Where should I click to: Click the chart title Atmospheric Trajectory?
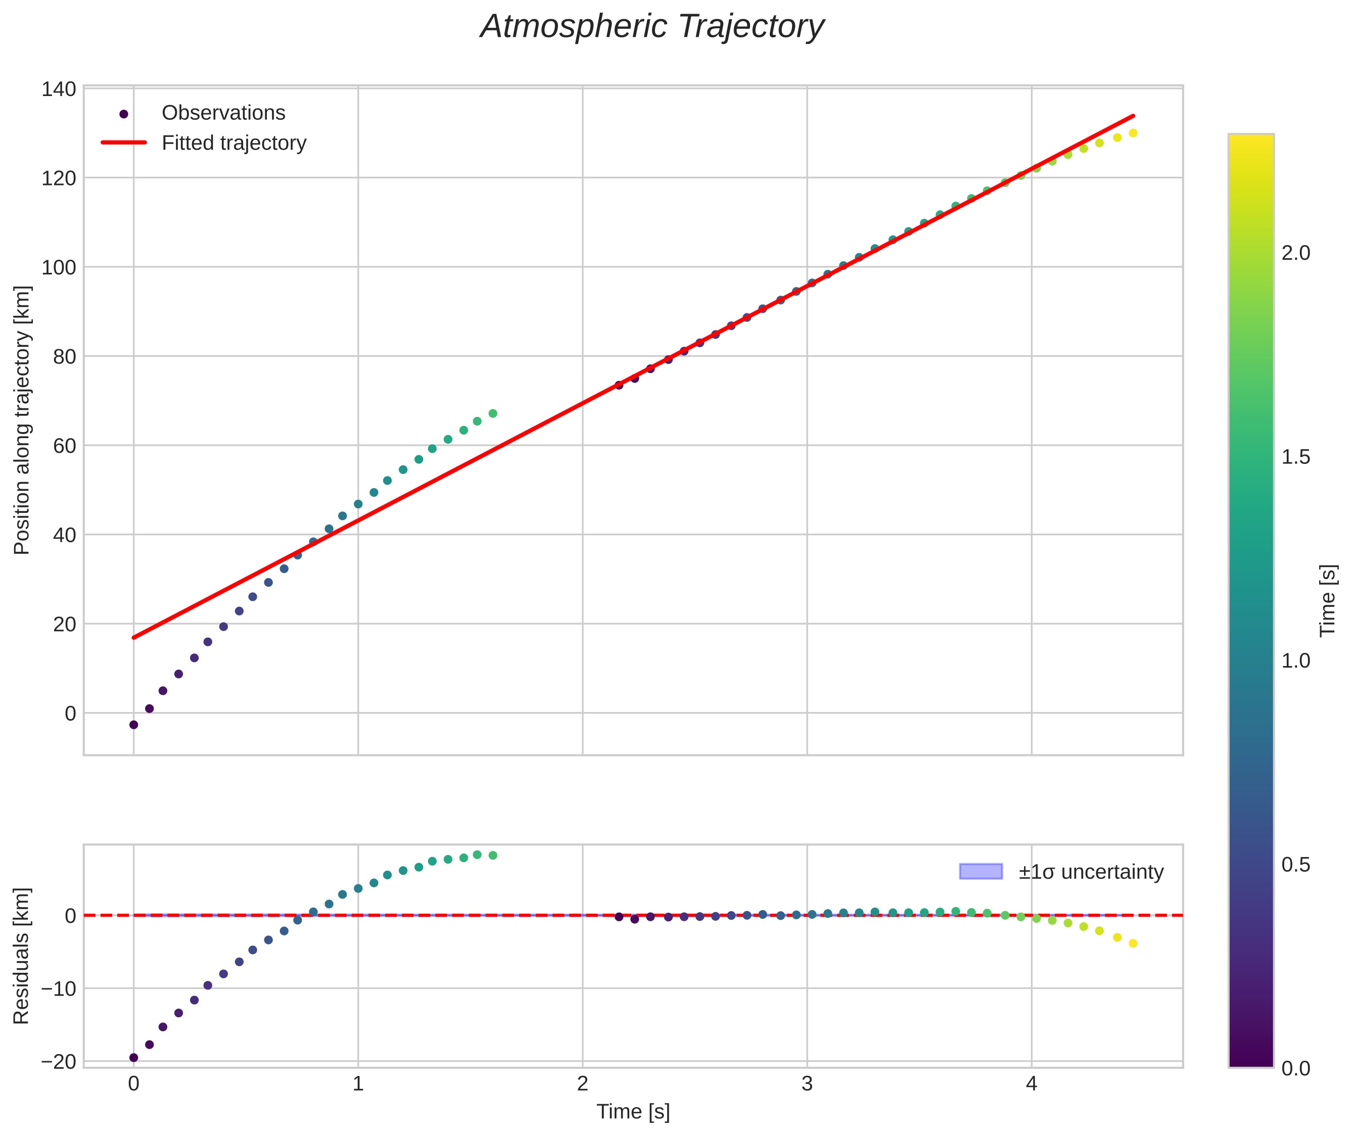[x=652, y=27]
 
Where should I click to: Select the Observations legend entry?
[x=223, y=113]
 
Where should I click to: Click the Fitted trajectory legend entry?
[x=234, y=143]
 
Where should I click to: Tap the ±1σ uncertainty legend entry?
[x=1090, y=872]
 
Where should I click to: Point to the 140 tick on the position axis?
[x=59, y=89]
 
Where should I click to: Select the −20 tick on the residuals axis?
[x=59, y=1062]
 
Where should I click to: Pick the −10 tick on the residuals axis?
[x=59, y=989]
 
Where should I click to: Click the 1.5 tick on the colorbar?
[x=1295, y=457]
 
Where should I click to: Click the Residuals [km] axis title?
[x=22, y=956]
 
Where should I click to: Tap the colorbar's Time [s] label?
[x=1328, y=601]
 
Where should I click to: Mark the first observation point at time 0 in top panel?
[x=134, y=725]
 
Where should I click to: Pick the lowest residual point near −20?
[x=134, y=1058]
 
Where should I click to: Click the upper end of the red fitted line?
[x=1133, y=116]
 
